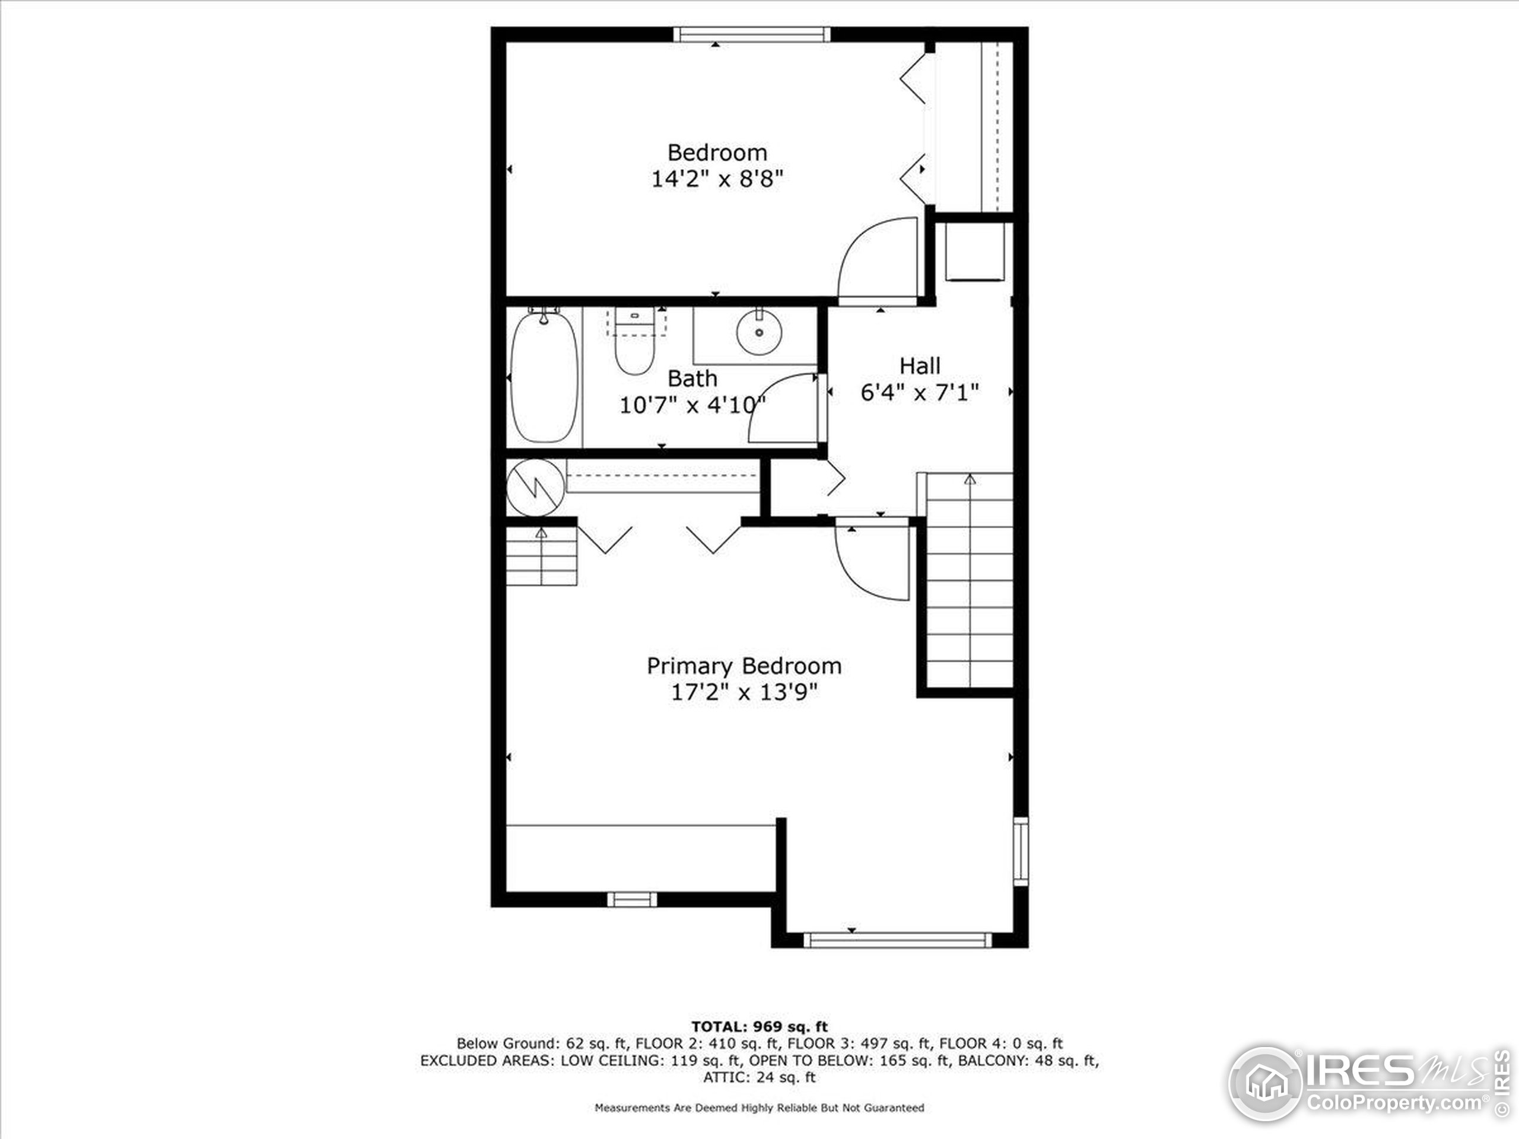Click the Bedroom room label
pyautogui.click(x=717, y=152)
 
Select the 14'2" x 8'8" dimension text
pyautogui.click(x=717, y=179)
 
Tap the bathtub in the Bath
pyautogui.click(x=544, y=378)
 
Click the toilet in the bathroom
pyautogui.click(x=634, y=343)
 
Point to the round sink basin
pyautogui.click(x=758, y=332)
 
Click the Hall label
pyautogui.click(x=920, y=366)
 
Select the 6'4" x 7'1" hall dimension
pyautogui.click(x=920, y=393)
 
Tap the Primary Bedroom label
pyautogui.click(x=743, y=666)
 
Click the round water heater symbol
pyautogui.click(x=535, y=488)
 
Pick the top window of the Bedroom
pyautogui.click(x=751, y=34)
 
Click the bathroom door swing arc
pyautogui.click(x=783, y=409)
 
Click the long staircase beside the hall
pyautogui.click(x=969, y=580)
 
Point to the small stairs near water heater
pyautogui.click(x=541, y=556)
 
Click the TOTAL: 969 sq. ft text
pyautogui.click(x=759, y=1026)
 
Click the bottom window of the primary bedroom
pyautogui.click(x=898, y=940)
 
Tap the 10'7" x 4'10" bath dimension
pyautogui.click(x=692, y=405)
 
